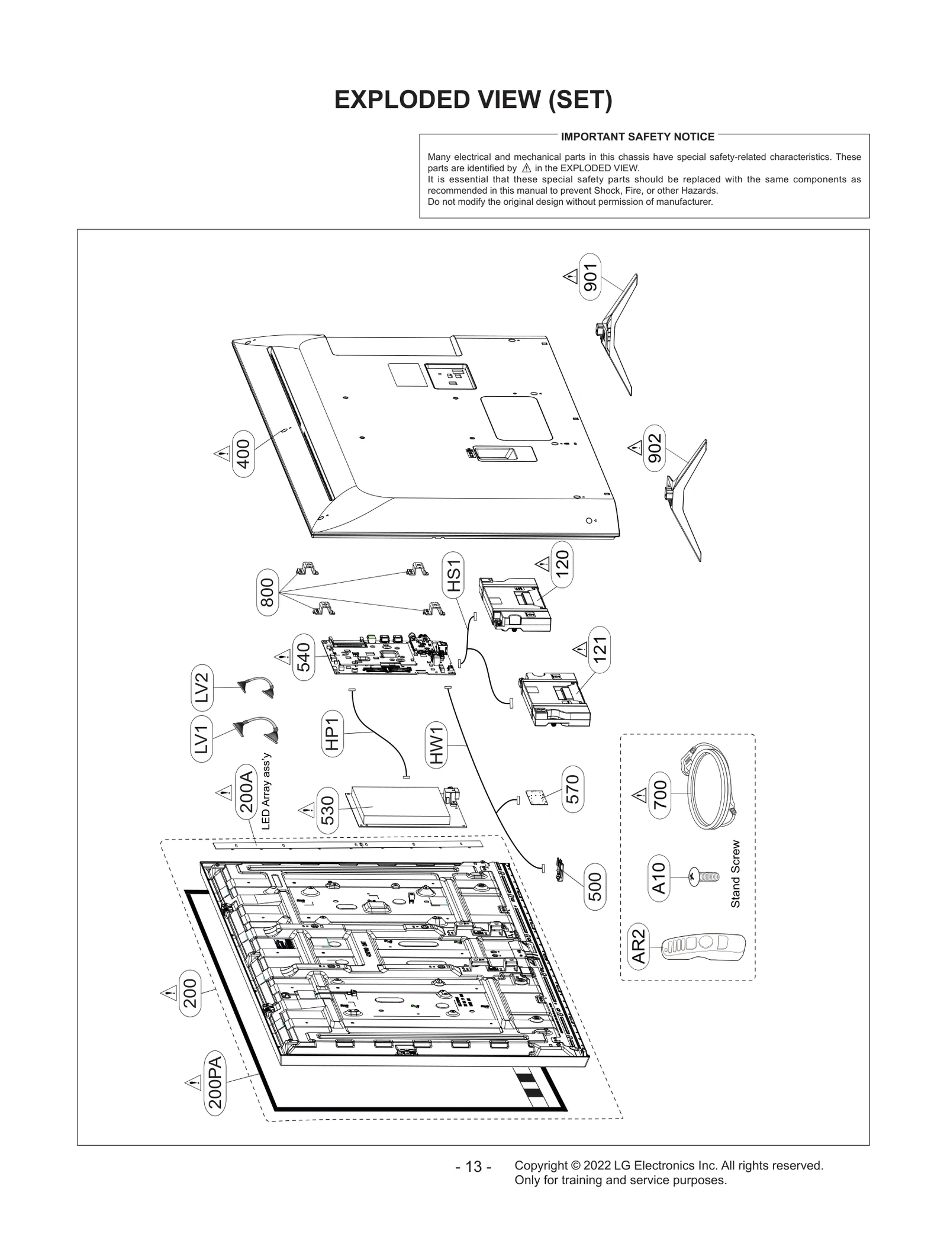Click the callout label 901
590,277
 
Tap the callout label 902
654,448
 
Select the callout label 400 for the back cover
243,454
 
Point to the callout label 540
303,657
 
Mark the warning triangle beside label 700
639,795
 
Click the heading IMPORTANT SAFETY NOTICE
637,137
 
